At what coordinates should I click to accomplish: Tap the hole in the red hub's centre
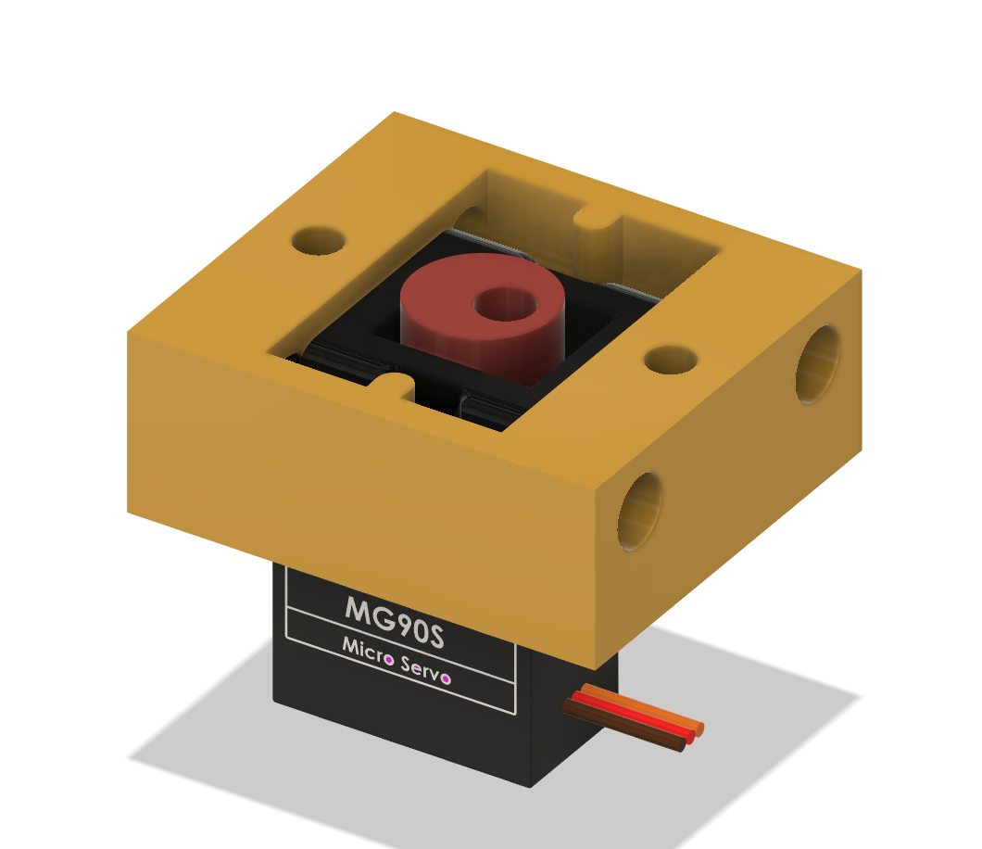pyautogui.click(x=505, y=303)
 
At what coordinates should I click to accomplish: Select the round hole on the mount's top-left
pyautogui.click(x=319, y=241)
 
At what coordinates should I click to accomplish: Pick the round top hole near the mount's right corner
pyautogui.click(x=670, y=360)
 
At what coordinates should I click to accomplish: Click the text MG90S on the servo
pyautogui.click(x=395, y=615)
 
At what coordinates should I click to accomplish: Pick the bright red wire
pyautogui.click(x=639, y=716)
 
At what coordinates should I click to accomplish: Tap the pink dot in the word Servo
pyautogui.click(x=446, y=678)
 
